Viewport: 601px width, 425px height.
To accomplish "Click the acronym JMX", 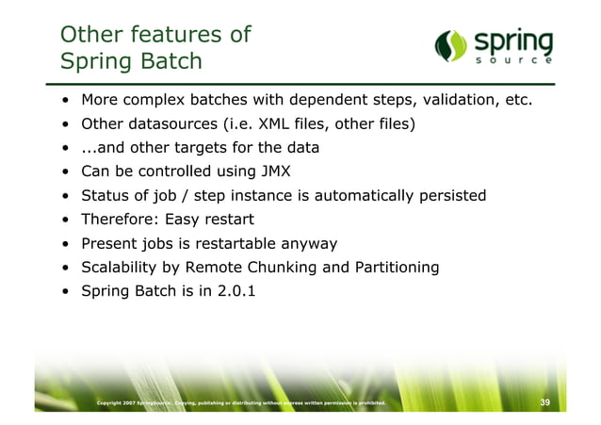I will pyautogui.click(x=276, y=172).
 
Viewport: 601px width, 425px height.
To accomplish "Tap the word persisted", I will pyautogui.click(x=451, y=195).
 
